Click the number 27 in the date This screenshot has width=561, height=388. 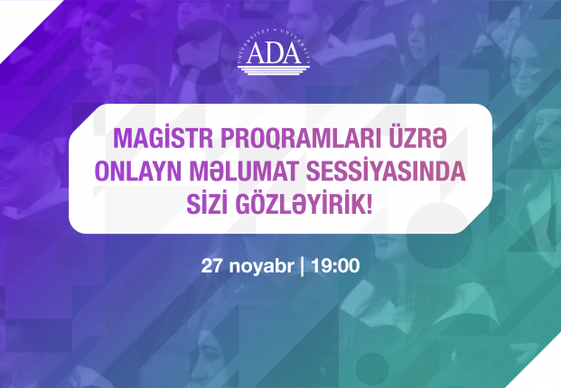(212, 266)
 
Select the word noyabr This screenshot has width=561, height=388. (262, 266)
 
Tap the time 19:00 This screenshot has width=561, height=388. (335, 266)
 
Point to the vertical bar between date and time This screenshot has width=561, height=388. (303, 266)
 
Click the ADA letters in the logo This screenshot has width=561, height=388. (274, 53)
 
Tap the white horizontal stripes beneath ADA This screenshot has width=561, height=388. (274, 69)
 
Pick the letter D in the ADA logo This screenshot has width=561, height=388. (274, 53)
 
